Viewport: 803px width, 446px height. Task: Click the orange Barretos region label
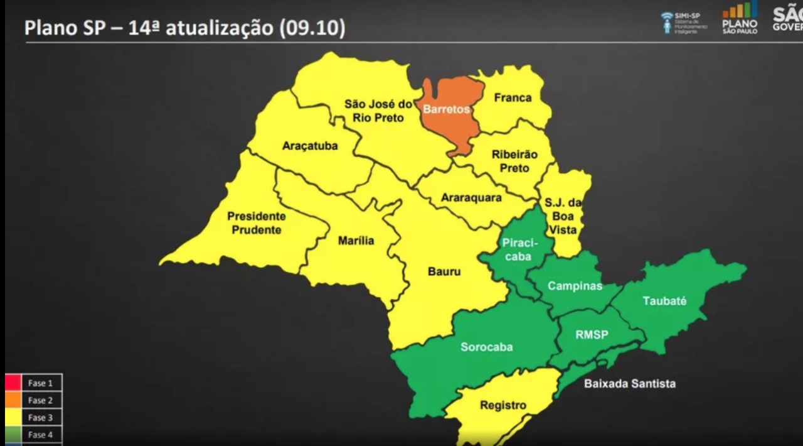click(446, 109)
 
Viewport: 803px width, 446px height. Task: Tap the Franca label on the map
click(513, 97)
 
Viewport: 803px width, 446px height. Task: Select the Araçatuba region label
click(310, 146)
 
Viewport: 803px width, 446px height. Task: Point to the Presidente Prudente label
click(256, 223)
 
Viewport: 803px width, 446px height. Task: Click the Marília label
click(356, 241)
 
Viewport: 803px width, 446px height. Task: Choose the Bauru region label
click(444, 271)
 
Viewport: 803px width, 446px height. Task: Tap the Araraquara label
click(471, 197)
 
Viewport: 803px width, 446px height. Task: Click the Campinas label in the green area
click(575, 286)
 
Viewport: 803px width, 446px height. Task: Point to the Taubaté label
click(664, 301)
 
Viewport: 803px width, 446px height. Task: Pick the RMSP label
click(592, 335)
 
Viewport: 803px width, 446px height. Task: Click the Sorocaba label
click(486, 347)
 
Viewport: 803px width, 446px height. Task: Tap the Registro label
click(503, 405)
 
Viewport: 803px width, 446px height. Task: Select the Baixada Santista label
click(630, 383)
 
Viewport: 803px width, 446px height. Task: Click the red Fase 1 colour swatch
click(13, 383)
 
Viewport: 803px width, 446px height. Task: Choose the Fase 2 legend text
click(41, 400)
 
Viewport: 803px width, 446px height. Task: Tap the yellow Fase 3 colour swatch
click(13, 418)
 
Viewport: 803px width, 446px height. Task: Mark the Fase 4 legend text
click(41, 435)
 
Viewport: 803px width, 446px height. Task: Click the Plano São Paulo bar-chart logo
click(740, 18)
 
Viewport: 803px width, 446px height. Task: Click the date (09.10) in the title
click(311, 28)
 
